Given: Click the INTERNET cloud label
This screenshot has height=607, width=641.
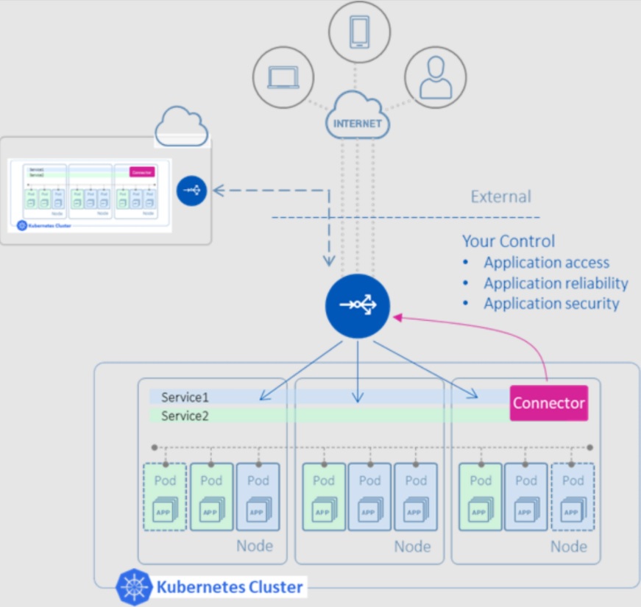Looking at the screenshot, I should pyautogui.click(x=358, y=123).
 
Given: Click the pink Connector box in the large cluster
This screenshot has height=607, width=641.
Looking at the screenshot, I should pyautogui.click(x=549, y=403).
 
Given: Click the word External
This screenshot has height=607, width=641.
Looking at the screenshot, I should pyautogui.click(x=500, y=196).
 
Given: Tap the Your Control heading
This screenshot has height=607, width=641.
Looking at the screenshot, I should pyautogui.click(x=509, y=241).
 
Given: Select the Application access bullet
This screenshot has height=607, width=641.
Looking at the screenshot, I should pyautogui.click(x=546, y=263).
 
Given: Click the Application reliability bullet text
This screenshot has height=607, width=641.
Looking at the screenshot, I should pyautogui.click(x=556, y=283).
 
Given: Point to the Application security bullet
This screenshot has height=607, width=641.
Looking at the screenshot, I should pyautogui.click(x=551, y=304).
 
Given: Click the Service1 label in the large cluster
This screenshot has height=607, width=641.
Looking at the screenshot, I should pyautogui.click(x=185, y=397).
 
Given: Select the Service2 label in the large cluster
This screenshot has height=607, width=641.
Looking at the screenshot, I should pyautogui.click(x=185, y=416).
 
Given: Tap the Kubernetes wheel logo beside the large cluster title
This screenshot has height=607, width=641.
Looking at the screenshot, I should pyautogui.click(x=134, y=587).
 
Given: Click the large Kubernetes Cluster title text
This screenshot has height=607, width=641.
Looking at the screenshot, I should pyautogui.click(x=230, y=587).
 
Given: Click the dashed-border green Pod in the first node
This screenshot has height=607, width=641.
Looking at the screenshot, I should pyautogui.click(x=166, y=497).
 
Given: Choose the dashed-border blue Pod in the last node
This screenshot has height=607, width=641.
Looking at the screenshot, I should pyautogui.click(x=572, y=497).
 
